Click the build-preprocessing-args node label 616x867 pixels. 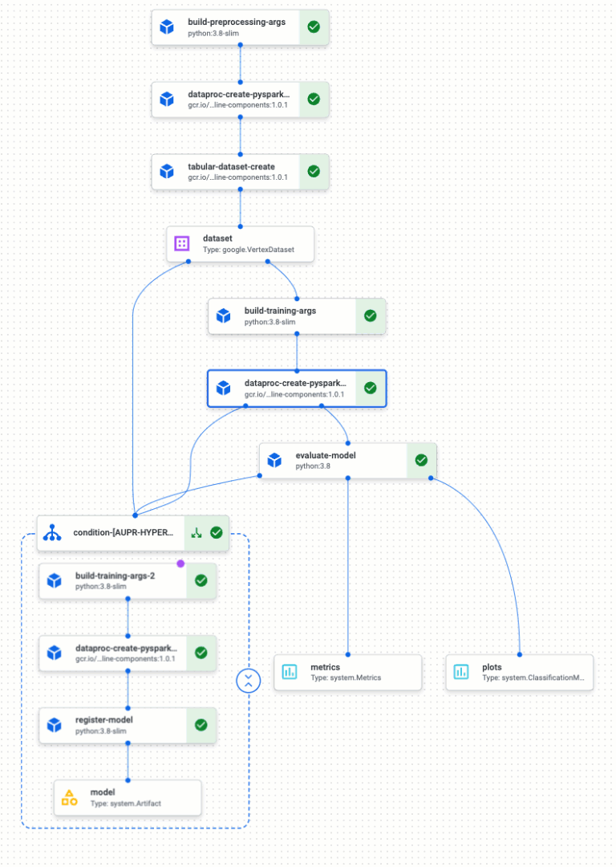coord(237,22)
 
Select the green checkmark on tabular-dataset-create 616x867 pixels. coord(314,171)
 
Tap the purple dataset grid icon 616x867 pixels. coord(182,243)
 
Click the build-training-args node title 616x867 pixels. coord(280,310)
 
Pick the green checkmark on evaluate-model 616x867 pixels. coord(421,460)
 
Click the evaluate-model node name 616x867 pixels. coord(326,455)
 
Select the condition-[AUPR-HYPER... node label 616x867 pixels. coord(123,532)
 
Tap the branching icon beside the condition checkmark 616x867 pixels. coord(197,532)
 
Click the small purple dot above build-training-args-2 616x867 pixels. coord(180,564)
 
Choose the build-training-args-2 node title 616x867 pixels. coord(115,576)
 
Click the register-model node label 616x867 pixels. coord(104,719)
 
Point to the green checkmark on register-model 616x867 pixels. coord(201,725)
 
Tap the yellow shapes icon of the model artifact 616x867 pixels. coord(70,797)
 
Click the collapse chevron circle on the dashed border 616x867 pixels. coord(249,681)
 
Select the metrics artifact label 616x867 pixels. coord(325,667)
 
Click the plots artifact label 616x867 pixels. coord(492,667)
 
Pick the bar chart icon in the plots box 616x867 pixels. coord(461,672)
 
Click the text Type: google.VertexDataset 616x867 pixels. coord(249,250)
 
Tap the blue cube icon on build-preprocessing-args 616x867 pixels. coord(167,27)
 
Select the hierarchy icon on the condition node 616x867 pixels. coord(53,532)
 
